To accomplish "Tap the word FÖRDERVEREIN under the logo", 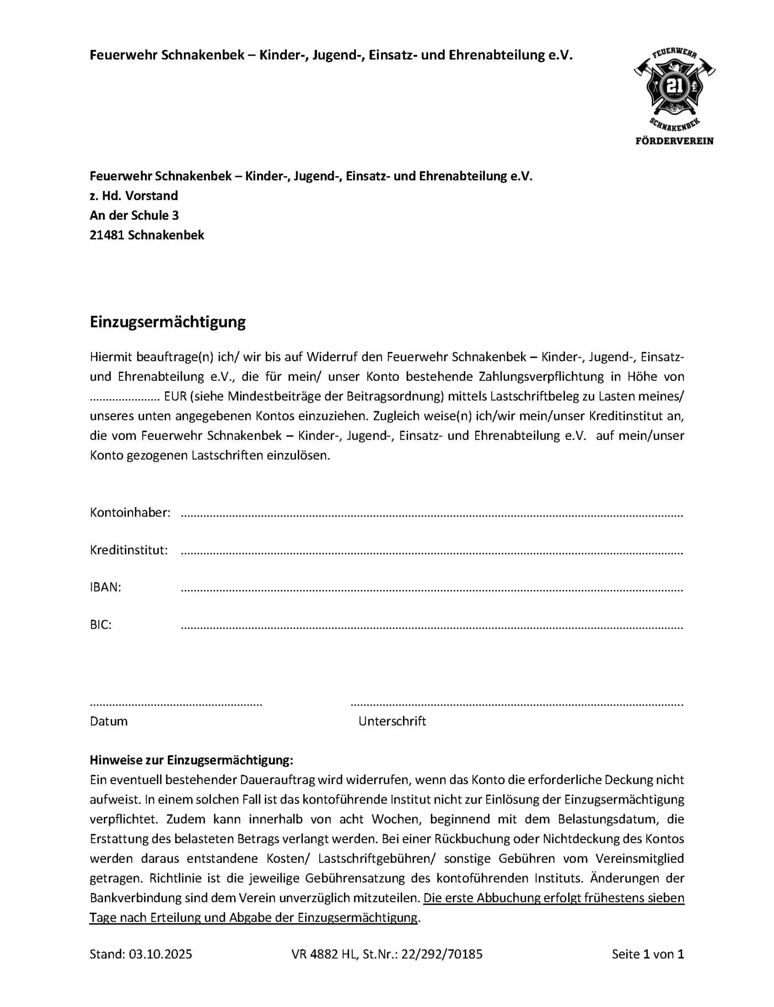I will pyautogui.click(x=674, y=141).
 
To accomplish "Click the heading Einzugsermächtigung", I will pyautogui.click(x=168, y=322).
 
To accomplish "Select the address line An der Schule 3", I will pyautogui.click(x=134, y=215).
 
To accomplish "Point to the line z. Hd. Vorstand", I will pyautogui.click(x=134, y=196).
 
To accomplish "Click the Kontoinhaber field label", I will pyautogui.click(x=130, y=512).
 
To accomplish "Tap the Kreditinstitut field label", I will pyautogui.click(x=129, y=550).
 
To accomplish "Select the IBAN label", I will pyautogui.click(x=105, y=587).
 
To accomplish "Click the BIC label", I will pyautogui.click(x=101, y=625).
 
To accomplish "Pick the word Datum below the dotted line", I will pyautogui.click(x=108, y=721).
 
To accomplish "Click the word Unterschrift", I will pyautogui.click(x=392, y=721).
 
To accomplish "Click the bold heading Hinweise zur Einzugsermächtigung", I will pyautogui.click(x=191, y=760).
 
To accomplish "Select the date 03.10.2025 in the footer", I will pyautogui.click(x=160, y=954).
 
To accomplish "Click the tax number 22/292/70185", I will pyautogui.click(x=442, y=954).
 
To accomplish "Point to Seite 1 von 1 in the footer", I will pyautogui.click(x=648, y=954).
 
